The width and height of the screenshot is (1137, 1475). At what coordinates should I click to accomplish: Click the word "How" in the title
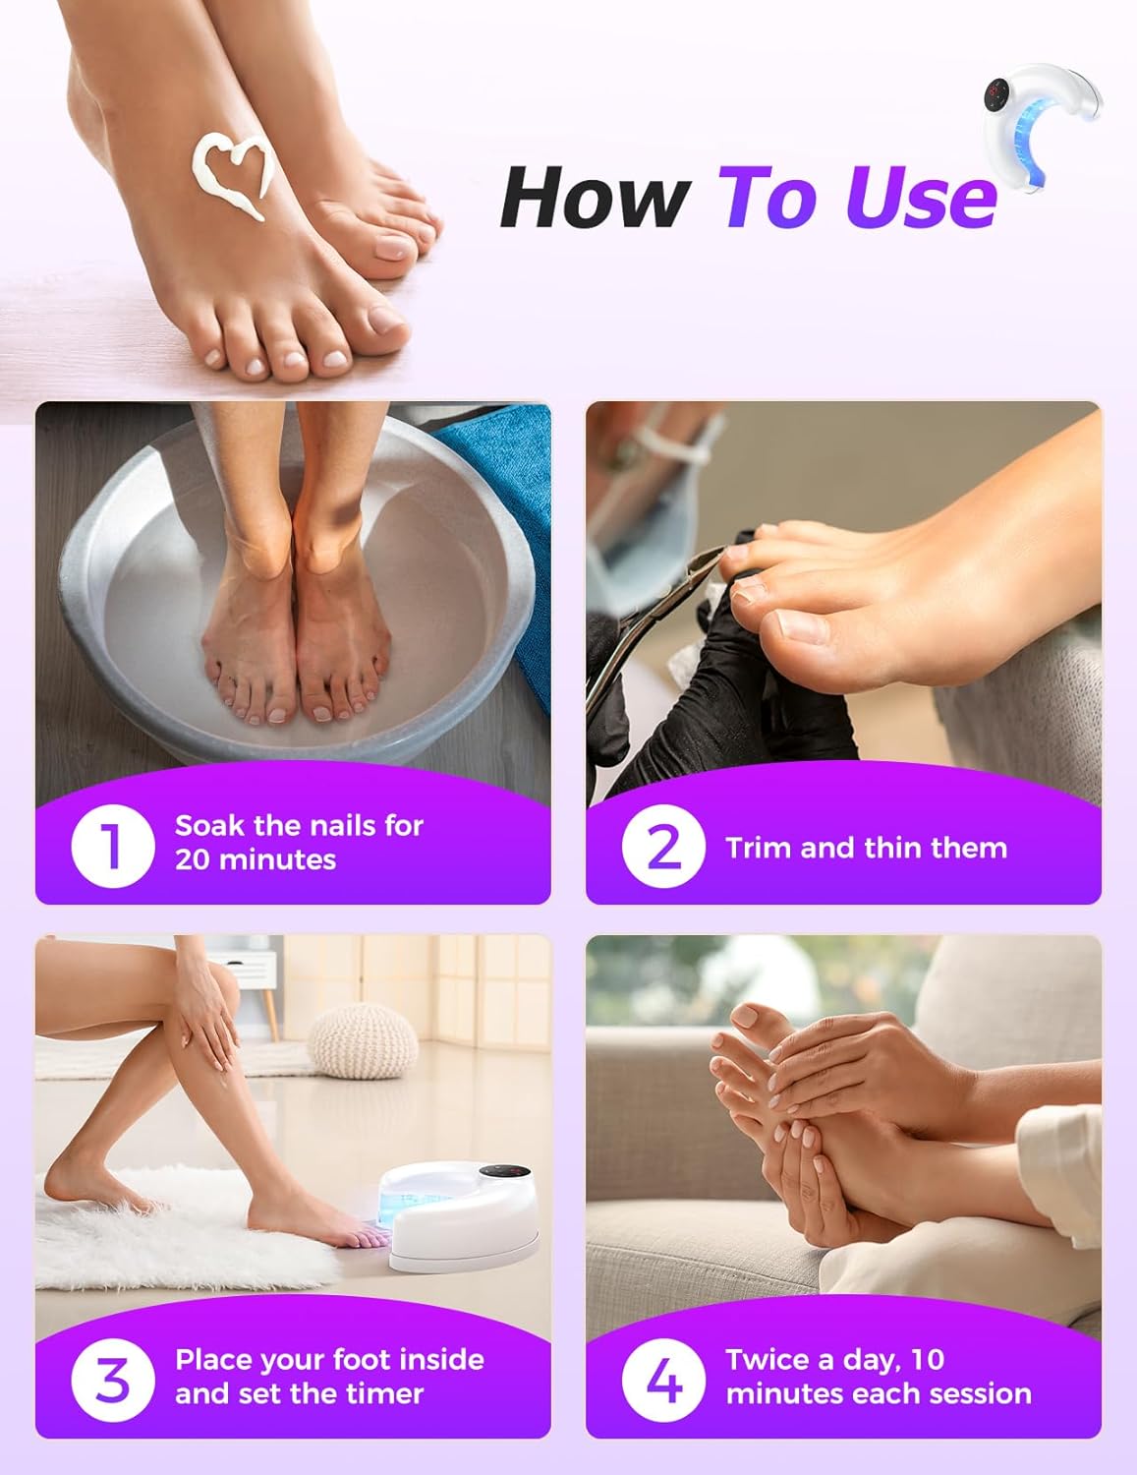(593, 198)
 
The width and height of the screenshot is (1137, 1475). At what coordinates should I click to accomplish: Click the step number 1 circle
(113, 845)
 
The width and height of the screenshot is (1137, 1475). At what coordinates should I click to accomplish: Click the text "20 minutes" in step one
(256, 860)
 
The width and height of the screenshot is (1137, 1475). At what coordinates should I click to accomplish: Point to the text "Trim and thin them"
(866, 848)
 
